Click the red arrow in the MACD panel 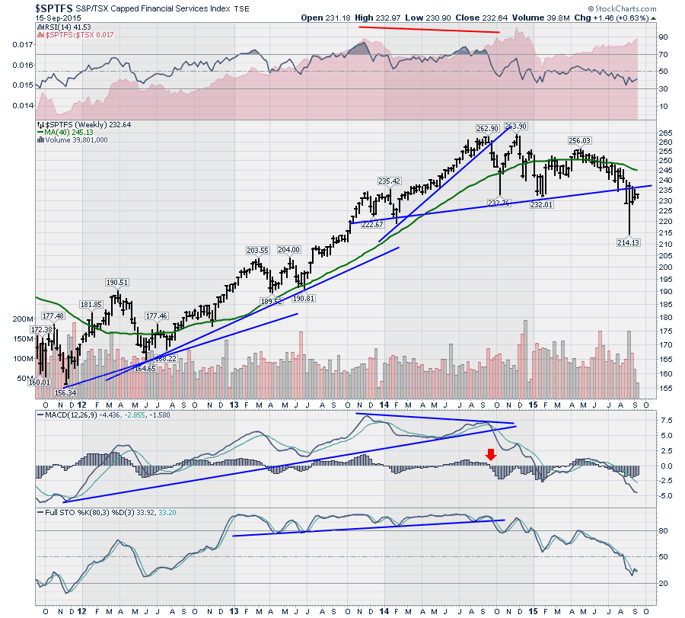tap(492, 454)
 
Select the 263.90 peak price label tap(516, 126)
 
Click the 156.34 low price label tap(66, 392)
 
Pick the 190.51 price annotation tap(116, 281)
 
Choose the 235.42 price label tap(388, 181)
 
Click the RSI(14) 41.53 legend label tap(63, 27)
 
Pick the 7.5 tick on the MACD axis tap(665, 420)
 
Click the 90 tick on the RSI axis tap(663, 37)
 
